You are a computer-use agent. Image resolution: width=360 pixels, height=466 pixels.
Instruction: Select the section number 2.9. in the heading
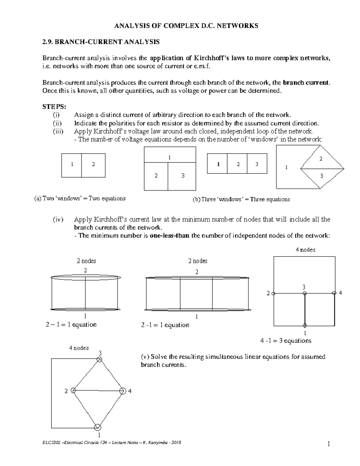click(48, 42)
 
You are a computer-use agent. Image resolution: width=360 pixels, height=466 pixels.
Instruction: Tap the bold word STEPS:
click(54, 107)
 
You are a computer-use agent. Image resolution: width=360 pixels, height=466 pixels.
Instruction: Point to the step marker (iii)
click(58, 131)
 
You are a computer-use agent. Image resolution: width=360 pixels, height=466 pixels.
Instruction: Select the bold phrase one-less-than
click(169, 236)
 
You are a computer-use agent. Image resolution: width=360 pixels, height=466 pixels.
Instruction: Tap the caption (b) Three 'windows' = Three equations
click(241, 199)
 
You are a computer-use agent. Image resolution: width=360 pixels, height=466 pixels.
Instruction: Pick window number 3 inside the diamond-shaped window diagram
click(322, 176)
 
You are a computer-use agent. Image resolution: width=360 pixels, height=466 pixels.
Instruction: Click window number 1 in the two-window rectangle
click(72, 164)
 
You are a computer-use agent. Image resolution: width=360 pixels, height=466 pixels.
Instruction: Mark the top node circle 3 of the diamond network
click(99, 359)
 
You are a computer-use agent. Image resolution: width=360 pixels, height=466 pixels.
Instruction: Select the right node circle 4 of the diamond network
click(122, 391)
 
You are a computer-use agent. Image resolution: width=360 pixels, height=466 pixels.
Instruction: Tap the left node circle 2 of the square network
click(273, 293)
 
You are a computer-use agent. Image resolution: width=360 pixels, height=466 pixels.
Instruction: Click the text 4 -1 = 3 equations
click(286, 341)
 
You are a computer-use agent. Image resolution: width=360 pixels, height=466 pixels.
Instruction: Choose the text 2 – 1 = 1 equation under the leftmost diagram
click(71, 325)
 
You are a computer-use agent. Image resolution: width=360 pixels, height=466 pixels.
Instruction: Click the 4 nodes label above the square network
click(305, 250)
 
